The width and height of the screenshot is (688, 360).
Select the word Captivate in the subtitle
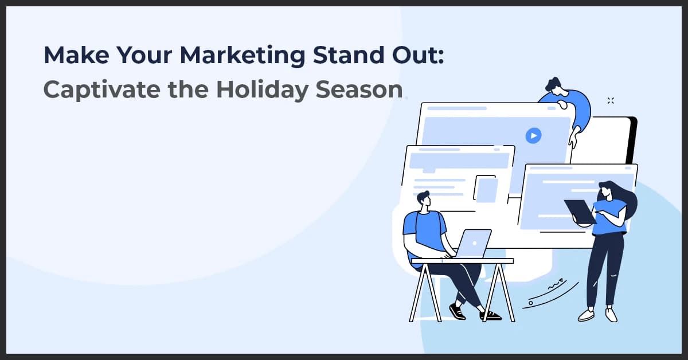[97, 90]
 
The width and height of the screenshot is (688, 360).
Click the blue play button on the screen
[533, 135]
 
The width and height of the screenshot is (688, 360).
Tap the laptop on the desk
[472, 244]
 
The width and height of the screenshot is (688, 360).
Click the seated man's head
[424, 201]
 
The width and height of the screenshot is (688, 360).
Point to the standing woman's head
[607, 191]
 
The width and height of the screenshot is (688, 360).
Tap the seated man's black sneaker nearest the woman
[490, 315]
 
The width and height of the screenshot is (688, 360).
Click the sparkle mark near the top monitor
[611, 101]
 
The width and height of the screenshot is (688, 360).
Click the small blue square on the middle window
[487, 190]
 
